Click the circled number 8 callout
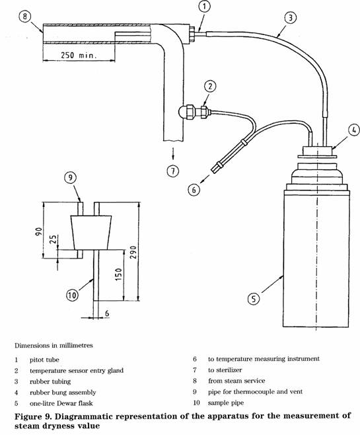tap(25, 16)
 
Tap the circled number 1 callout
tap(205, 7)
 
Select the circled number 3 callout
tap(290, 18)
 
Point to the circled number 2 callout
tap(211, 87)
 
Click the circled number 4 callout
tap(354, 130)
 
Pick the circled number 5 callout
tap(253, 299)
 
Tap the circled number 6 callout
tap(194, 190)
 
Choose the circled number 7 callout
tap(173, 171)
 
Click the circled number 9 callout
tap(70, 177)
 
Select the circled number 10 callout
tap(72, 295)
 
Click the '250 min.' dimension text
tap(79, 55)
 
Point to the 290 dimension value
tap(133, 252)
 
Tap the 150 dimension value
tap(118, 274)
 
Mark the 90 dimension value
tap(39, 231)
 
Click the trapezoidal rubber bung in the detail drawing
tap(91, 232)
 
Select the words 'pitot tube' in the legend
tap(44, 360)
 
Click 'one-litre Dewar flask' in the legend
tap(61, 403)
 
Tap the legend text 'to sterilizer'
tap(225, 370)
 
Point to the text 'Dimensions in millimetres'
tap(54, 345)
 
